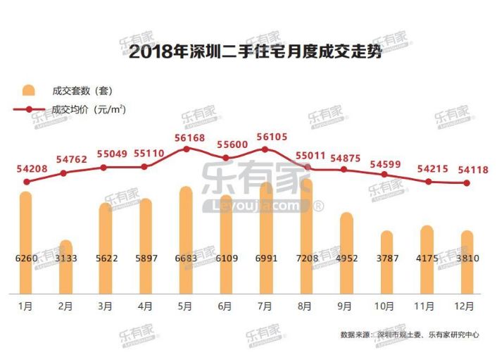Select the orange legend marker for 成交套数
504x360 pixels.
tap(28, 91)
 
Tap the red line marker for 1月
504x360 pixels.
tap(27, 182)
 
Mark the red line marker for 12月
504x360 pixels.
tap(467, 183)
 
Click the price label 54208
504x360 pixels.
tap(27, 168)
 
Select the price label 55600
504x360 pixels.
tap(225, 144)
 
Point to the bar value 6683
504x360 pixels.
tap(187, 259)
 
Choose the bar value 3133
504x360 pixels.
tap(65, 259)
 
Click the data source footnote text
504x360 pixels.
tap(409, 335)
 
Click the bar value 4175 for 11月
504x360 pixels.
tap(427, 259)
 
